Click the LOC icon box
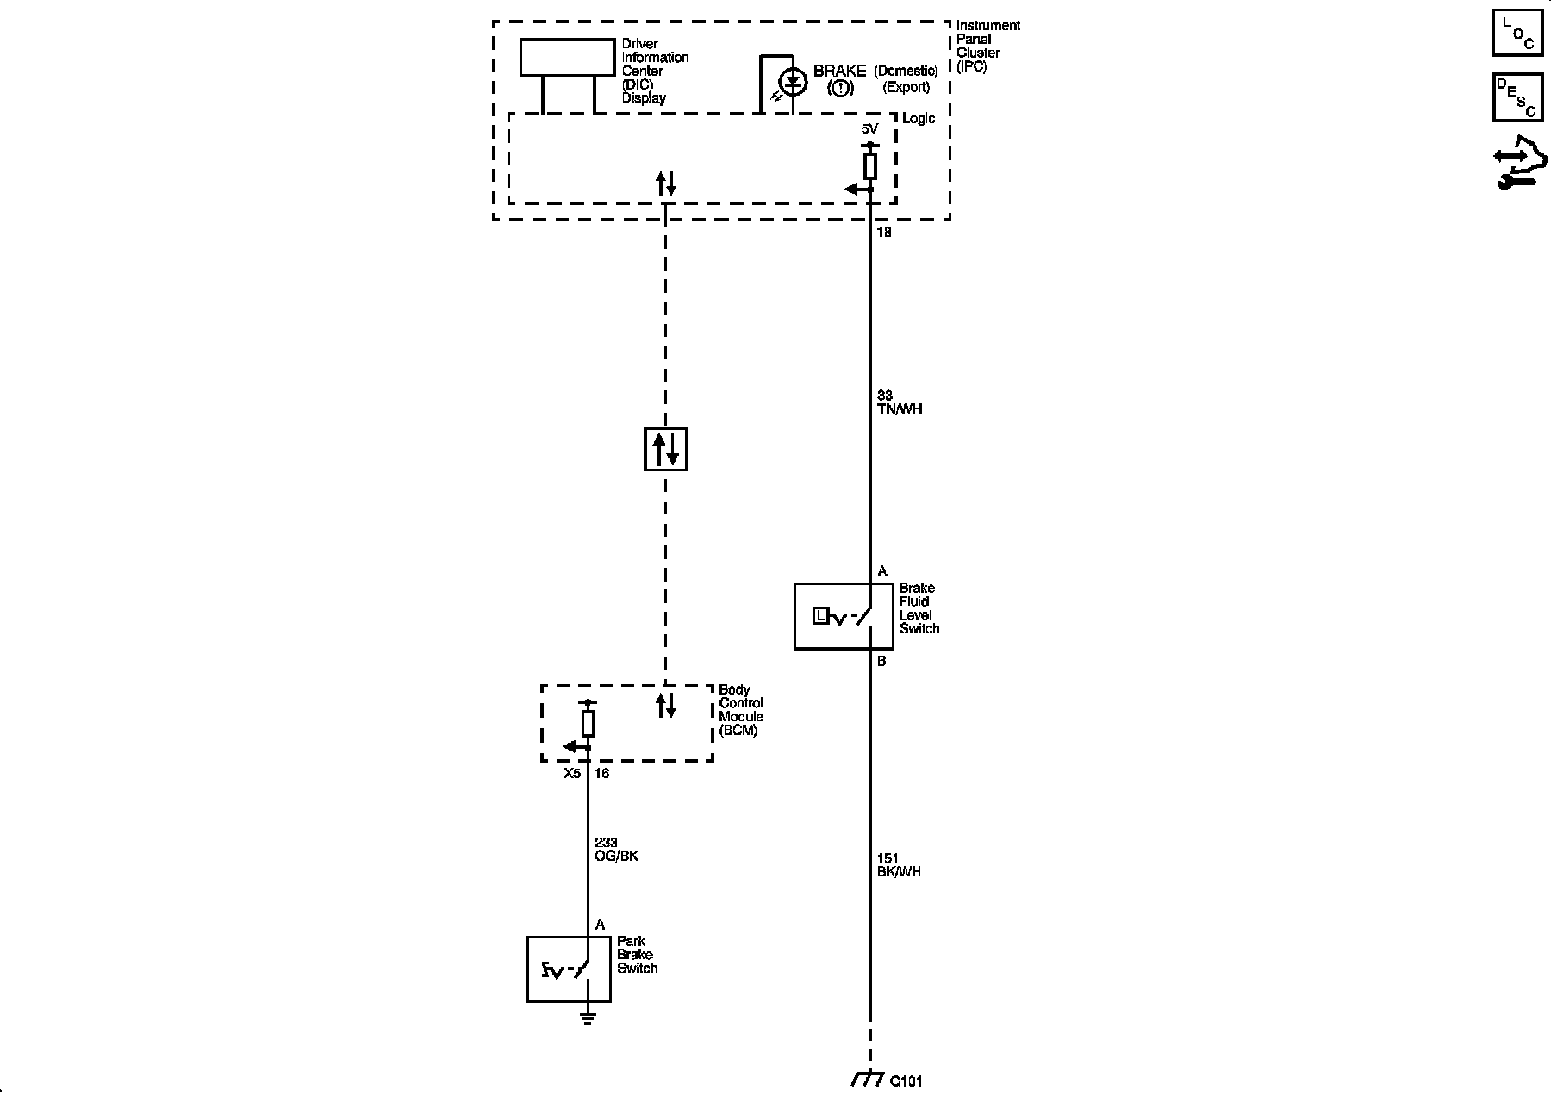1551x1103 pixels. [x=1517, y=32]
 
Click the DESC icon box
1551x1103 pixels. [x=1517, y=97]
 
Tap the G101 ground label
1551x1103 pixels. [x=906, y=1081]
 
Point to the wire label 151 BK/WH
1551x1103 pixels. [x=898, y=865]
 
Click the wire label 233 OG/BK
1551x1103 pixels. [x=616, y=850]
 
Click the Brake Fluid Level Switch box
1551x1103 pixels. [x=832, y=616]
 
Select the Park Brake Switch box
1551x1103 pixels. [x=569, y=969]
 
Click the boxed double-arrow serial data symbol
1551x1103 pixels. [x=666, y=449]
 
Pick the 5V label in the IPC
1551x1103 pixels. [x=869, y=129]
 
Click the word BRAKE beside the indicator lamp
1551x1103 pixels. [x=839, y=72]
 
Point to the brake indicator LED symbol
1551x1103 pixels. [x=793, y=83]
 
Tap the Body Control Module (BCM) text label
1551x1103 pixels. [x=741, y=710]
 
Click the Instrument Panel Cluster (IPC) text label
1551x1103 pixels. [x=987, y=46]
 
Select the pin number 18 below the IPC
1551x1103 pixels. [x=883, y=233]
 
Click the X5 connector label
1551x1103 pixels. [x=572, y=774]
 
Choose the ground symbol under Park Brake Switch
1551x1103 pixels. [x=588, y=1019]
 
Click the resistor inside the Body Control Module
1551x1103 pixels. [x=588, y=724]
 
